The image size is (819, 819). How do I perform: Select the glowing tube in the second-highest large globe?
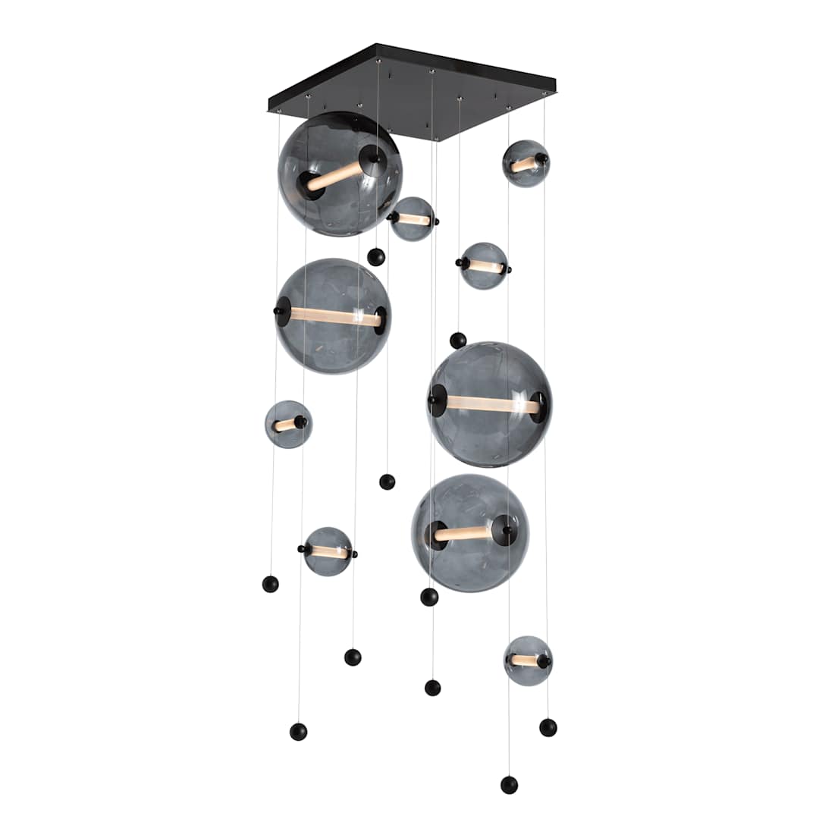[x=334, y=317]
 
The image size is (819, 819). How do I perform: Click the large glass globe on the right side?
[x=489, y=404]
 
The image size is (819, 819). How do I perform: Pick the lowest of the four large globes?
[x=470, y=533]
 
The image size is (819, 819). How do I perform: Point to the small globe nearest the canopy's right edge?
[x=526, y=164]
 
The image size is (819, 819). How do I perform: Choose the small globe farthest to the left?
[x=288, y=425]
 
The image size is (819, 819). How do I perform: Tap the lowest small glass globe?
[x=528, y=661]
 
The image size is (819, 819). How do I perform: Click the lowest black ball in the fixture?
[x=509, y=785]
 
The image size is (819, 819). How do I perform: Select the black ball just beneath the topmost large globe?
[x=376, y=257]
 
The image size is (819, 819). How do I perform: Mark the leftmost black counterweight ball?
[x=270, y=584]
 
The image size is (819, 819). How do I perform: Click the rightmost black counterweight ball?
[x=548, y=727]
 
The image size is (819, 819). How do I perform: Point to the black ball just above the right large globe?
[x=458, y=340]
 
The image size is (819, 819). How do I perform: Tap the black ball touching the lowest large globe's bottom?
[x=429, y=597]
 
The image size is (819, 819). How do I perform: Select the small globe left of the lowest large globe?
[x=328, y=551]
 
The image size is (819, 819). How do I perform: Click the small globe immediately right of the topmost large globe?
[x=413, y=219]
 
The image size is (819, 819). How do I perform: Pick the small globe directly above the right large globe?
[x=484, y=266]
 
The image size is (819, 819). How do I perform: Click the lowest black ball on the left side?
[x=298, y=732]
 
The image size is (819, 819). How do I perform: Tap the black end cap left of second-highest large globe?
[x=281, y=312]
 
